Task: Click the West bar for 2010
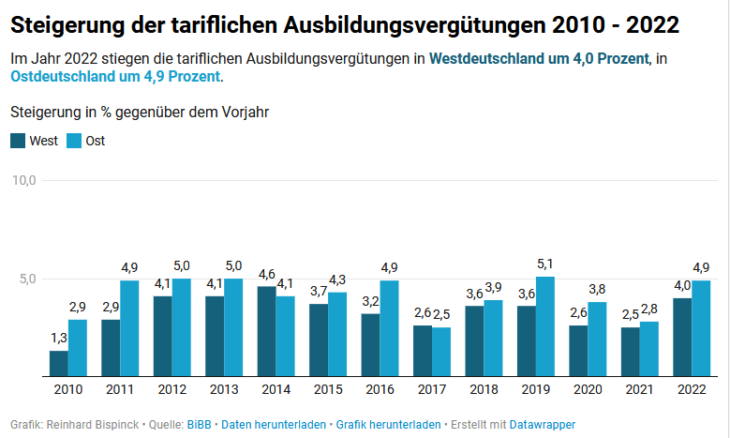click(x=59, y=363)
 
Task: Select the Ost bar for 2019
click(x=545, y=326)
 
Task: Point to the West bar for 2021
click(x=631, y=352)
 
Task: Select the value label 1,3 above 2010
click(x=58, y=339)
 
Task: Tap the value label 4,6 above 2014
click(x=266, y=274)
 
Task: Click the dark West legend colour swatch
click(x=18, y=142)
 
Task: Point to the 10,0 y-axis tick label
click(x=22, y=180)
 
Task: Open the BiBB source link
click(x=200, y=425)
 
